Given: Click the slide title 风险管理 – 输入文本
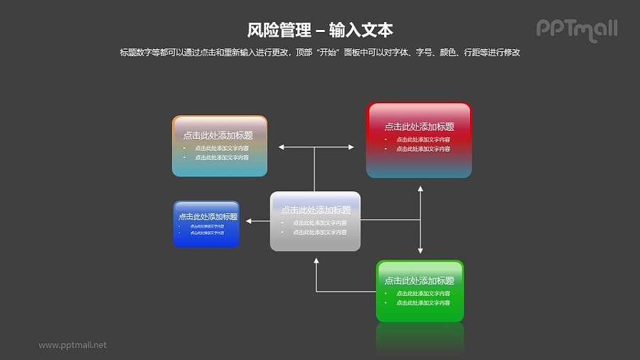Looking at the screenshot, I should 320,30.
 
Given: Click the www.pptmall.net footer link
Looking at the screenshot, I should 73,345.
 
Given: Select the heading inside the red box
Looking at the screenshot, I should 419,127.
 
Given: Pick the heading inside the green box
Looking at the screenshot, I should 419,281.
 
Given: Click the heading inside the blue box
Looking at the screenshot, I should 208,216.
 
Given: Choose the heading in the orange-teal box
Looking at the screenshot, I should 218,135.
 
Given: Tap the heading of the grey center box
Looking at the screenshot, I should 316,210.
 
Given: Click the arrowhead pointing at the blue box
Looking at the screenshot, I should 250,222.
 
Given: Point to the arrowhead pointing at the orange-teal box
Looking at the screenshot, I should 282,147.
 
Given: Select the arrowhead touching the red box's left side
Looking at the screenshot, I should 351,147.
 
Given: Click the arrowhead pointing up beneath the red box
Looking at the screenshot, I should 420,189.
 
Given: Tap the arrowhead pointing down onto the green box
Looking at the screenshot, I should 420,250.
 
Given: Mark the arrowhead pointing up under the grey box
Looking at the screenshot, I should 316,261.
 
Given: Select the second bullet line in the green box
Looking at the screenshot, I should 422,303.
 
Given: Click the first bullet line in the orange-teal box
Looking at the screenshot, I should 221,148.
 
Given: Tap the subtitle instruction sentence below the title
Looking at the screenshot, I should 320,53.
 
